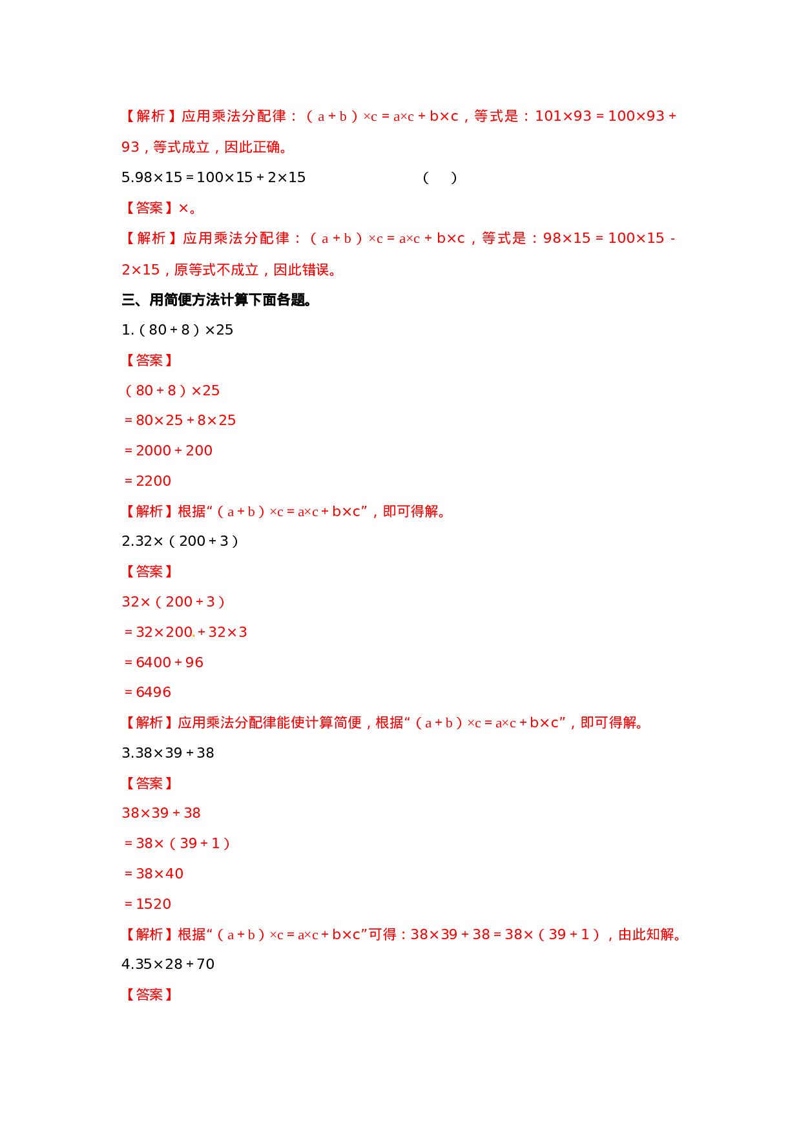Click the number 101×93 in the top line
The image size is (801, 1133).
[563, 116]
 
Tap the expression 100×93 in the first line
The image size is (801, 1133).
[636, 116]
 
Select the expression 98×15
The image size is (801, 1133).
[567, 238]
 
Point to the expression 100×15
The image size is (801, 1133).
[636, 238]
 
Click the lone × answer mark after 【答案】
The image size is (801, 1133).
[183, 208]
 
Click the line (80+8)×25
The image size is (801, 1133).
[172, 391]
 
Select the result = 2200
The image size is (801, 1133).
[148, 481]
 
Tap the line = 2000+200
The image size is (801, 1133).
[169, 451]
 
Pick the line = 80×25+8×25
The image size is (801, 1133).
[180, 421]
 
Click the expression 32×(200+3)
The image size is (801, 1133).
[173, 602]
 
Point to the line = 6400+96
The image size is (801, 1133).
[164, 663]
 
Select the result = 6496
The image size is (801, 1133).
[148, 692]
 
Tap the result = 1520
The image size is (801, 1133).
[148, 904]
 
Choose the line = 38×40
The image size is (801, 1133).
[154, 874]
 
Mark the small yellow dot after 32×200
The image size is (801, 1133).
[193, 636]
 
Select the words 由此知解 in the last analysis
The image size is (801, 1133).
[646, 935]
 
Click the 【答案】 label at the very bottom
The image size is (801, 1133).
[148, 994]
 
